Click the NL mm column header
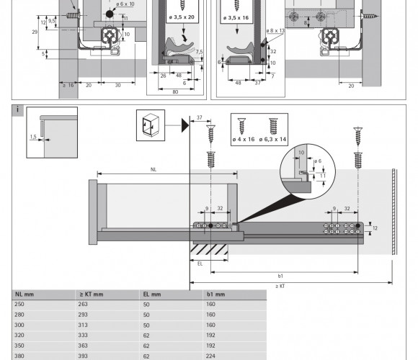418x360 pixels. [x=25, y=294]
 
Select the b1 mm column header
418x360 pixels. [x=215, y=294]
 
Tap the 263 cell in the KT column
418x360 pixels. [x=83, y=304]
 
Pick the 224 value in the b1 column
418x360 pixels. [x=210, y=356]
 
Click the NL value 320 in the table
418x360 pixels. [x=19, y=335]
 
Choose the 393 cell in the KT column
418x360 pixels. [x=83, y=356]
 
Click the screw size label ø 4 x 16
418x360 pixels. [x=244, y=139]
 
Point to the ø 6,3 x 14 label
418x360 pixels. [x=272, y=139]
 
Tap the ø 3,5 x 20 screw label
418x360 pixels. [x=182, y=17]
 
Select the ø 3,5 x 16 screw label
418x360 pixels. [x=236, y=18]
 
